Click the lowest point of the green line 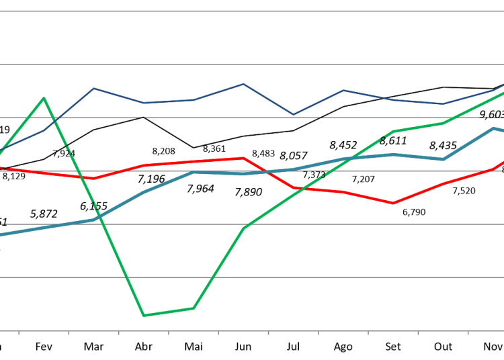coord(144,315)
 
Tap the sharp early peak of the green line coord(44,98)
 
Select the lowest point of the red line coord(393,203)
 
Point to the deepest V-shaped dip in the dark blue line coord(293,115)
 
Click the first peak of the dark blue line coord(94,88)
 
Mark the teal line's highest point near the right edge coord(494,128)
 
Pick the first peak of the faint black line coord(143,117)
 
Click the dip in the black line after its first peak coord(194,148)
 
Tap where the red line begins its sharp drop coord(243,158)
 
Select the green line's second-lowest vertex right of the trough coord(194,308)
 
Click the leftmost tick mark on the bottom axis coord(19,332)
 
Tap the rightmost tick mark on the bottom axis coord(468,332)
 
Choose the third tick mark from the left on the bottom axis coord(118,332)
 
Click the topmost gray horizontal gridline coord(252,11)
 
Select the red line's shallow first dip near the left coord(94,179)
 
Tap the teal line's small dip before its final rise coord(444,159)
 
